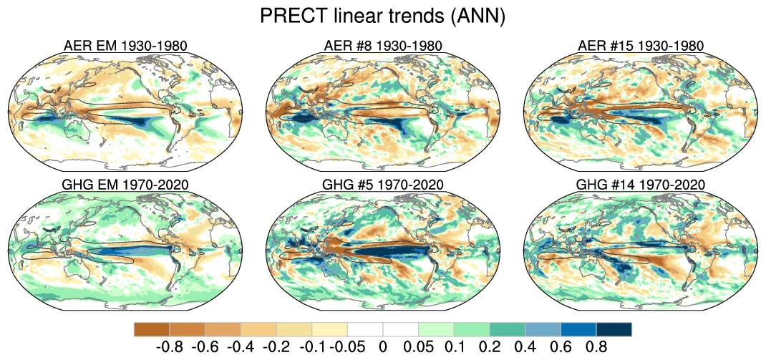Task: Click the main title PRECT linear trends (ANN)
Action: [383, 16]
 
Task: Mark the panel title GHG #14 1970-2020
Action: [641, 185]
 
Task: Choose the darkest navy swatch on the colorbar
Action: [614, 329]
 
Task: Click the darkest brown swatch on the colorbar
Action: [152, 329]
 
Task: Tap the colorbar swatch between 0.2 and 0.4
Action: [508, 329]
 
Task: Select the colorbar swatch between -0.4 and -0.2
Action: [258, 329]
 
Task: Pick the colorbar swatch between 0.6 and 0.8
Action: [578, 329]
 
